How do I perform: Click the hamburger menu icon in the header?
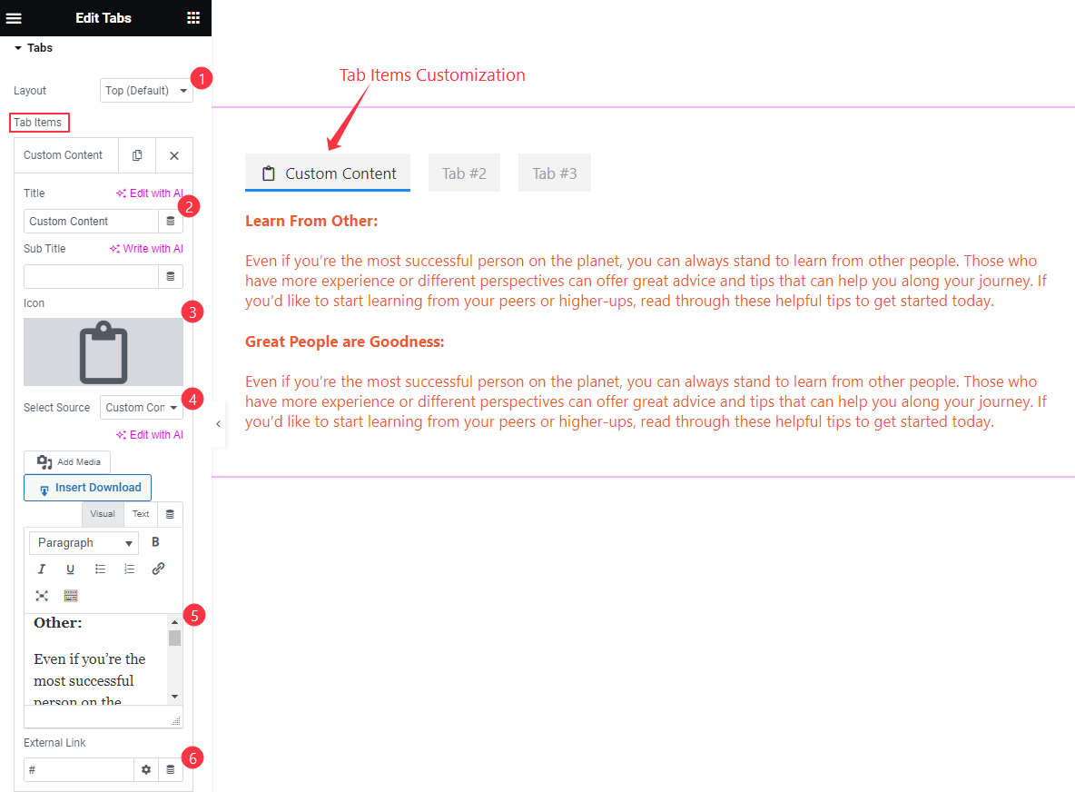click(14, 18)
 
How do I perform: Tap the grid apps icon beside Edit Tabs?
click(193, 18)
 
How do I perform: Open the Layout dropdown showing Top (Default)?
click(146, 91)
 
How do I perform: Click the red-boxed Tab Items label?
click(39, 123)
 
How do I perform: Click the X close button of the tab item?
click(174, 155)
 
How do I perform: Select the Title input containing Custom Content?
click(91, 222)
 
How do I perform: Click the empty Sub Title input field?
click(91, 277)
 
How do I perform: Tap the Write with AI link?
click(147, 249)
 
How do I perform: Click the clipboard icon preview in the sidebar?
click(104, 352)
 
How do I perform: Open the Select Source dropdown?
click(141, 408)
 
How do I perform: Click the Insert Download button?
click(88, 488)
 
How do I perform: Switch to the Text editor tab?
click(141, 514)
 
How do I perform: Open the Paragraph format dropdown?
click(84, 543)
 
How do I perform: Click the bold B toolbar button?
click(155, 543)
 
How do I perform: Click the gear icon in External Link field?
click(145, 770)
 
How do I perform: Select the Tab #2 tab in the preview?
click(464, 173)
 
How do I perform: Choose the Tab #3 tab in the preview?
click(554, 173)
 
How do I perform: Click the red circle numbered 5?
click(193, 615)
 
